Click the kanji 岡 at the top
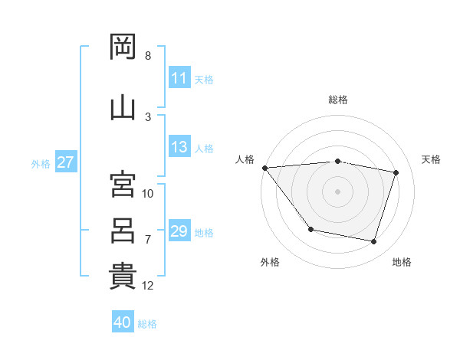(x=123, y=47)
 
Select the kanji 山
(x=123, y=109)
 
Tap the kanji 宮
(x=123, y=184)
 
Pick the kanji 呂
(x=123, y=231)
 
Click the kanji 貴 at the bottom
(x=123, y=277)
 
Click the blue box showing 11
(x=179, y=77)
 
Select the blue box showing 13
(x=179, y=146)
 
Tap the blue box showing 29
(x=179, y=230)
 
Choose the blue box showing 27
(x=66, y=162)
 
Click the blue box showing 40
(x=123, y=321)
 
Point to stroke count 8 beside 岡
(x=148, y=56)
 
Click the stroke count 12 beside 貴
(x=147, y=286)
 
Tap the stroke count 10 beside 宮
(x=147, y=194)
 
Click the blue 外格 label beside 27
(x=41, y=164)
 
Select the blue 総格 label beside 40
(x=147, y=324)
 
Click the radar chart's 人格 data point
(x=265, y=168)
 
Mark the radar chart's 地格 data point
(x=373, y=242)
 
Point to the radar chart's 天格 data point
(x=396, y=172)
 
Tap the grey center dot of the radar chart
(x=337, y=191)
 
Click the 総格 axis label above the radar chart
(x=338, y=100)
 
